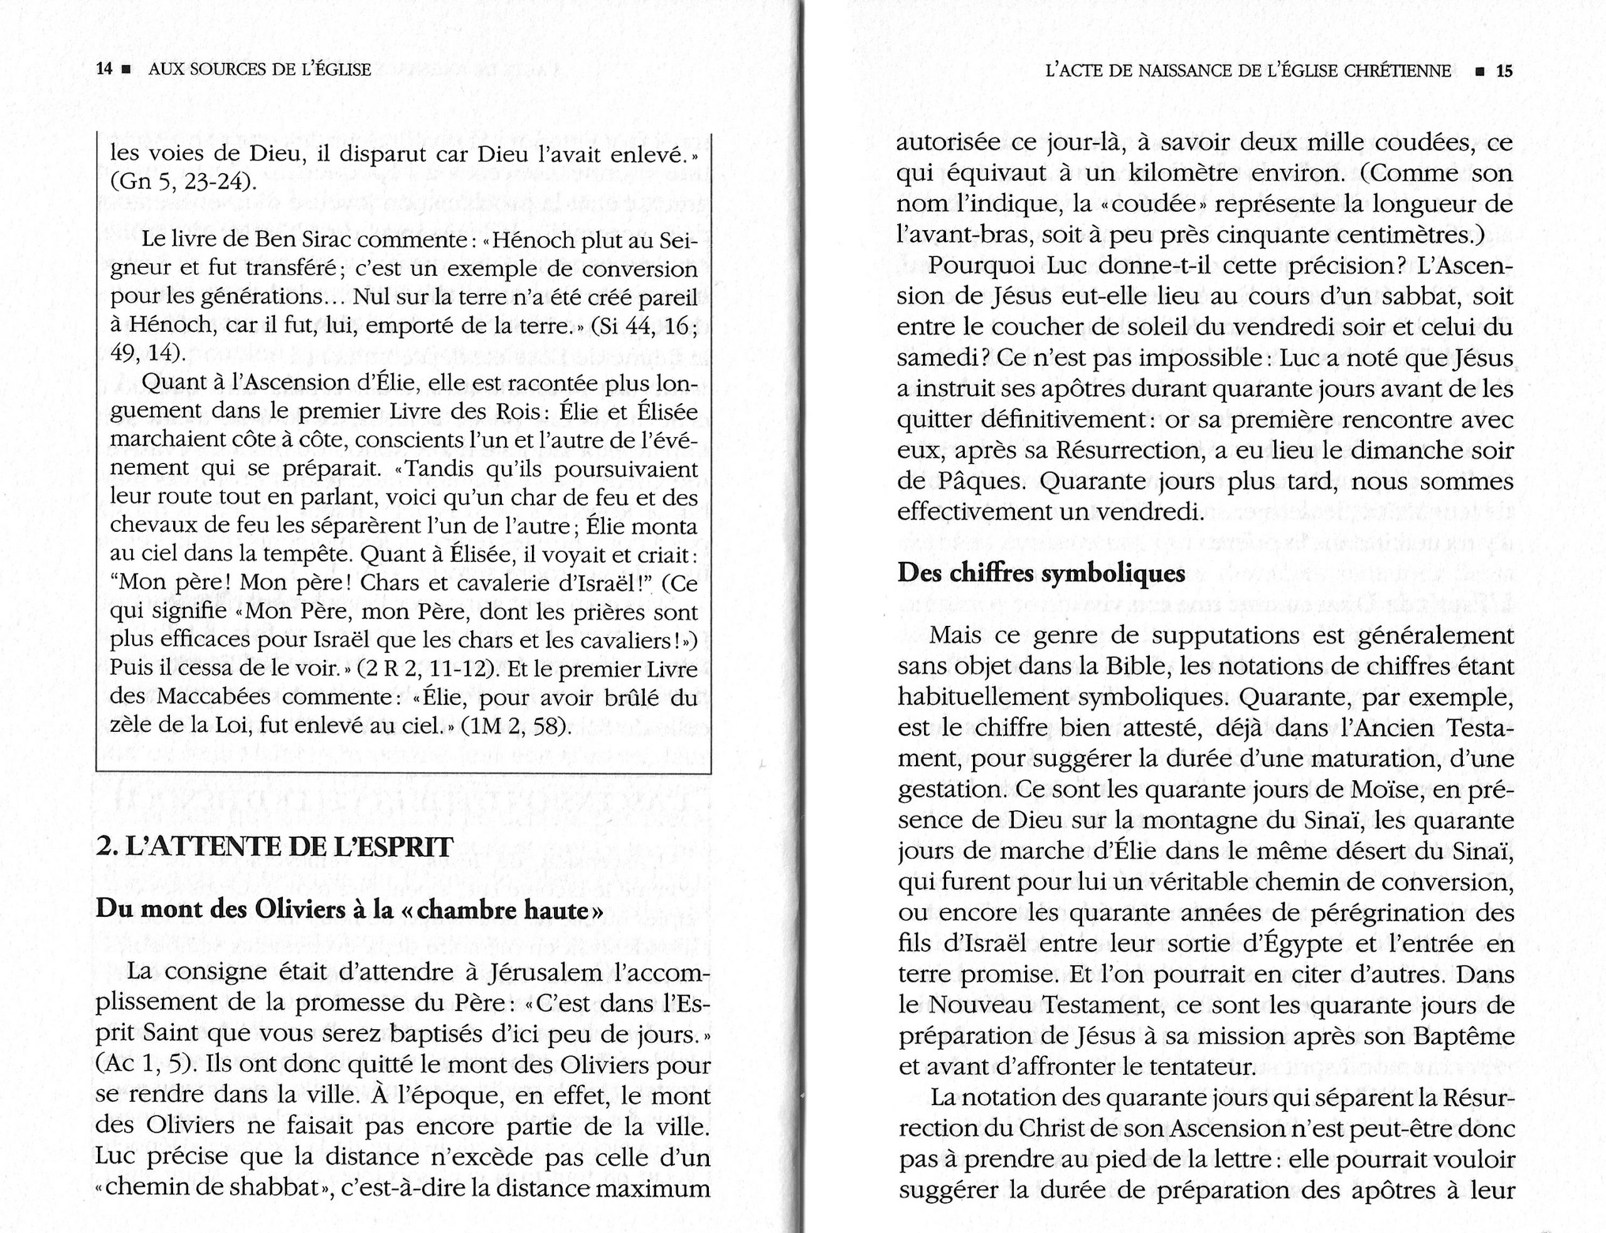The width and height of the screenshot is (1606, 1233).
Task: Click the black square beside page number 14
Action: point(126,70)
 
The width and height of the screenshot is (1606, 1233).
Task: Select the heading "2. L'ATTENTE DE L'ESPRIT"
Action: point(275,847)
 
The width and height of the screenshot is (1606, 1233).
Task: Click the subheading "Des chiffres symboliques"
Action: point(1041,573)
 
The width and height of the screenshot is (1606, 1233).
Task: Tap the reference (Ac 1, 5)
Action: point(141,1064)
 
